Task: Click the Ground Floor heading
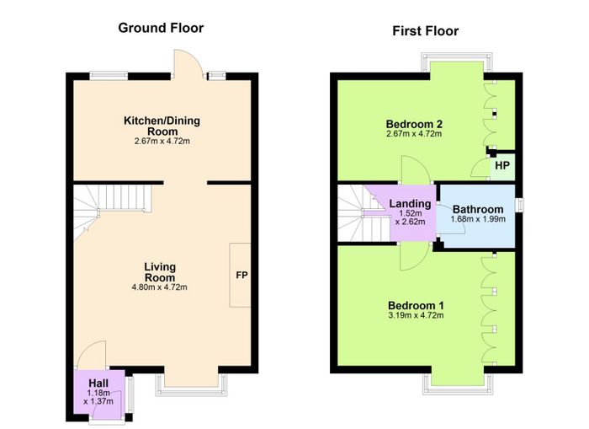point(161,28)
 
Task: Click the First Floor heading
point(425,31)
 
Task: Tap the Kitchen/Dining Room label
point(162,126)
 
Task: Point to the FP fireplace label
point(241,275)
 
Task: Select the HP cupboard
point(501,165)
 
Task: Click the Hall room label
point(98,383)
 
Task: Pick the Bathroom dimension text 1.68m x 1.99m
point(478,219)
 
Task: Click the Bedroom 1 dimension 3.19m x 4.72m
point(416,315)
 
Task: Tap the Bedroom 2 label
point(414,124)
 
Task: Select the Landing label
point(410,204)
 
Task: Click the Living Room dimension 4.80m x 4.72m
point(160,287)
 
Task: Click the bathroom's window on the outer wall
point(521,206)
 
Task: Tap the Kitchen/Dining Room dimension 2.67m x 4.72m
point(162,142)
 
